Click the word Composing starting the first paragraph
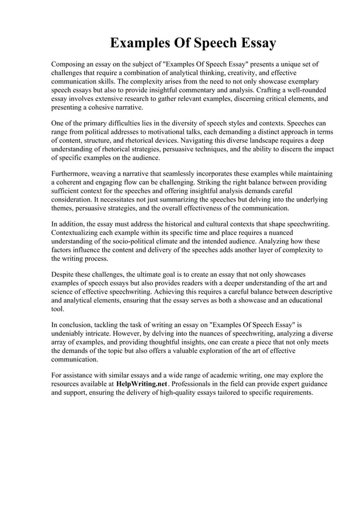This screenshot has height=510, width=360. click(70, 64)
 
